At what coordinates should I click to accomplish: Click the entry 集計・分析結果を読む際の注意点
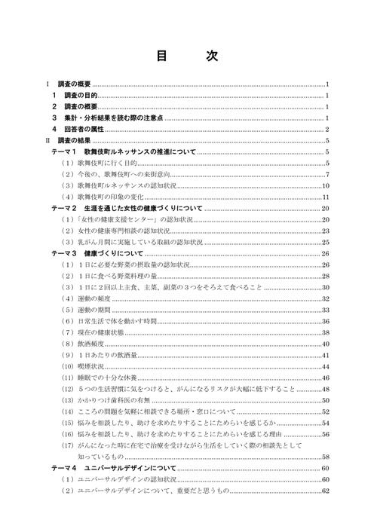click(x=113, y=118)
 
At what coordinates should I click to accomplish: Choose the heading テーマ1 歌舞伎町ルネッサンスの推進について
click(x=124, y=151)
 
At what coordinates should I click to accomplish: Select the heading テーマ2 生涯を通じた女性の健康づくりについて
click(x=127, y=207)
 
